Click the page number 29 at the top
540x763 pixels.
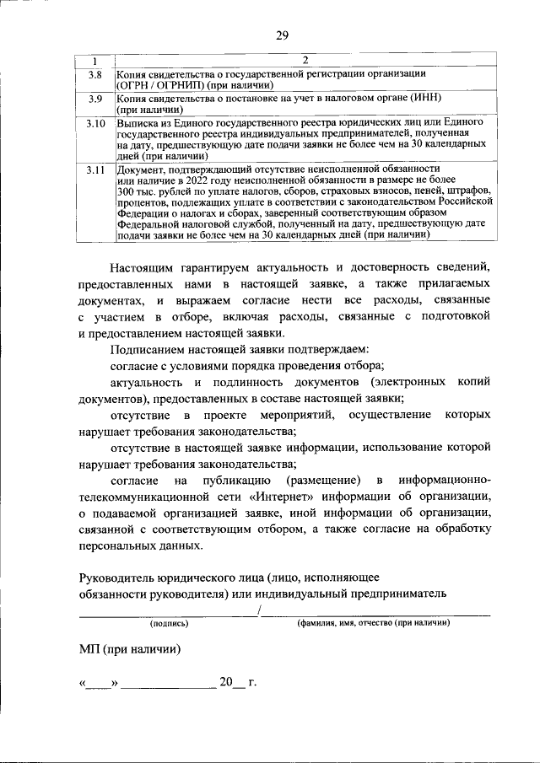coord(282,35)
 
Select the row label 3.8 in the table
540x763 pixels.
coord(95,76)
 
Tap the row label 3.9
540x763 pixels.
coord(95,99)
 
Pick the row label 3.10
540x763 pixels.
coord(95,124)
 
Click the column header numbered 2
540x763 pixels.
coord(305,60)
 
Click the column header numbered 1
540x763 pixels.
coord(95,60)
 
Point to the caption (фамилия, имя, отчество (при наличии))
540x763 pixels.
coord(372,624)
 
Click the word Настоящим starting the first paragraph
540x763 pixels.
coord(143,267)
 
